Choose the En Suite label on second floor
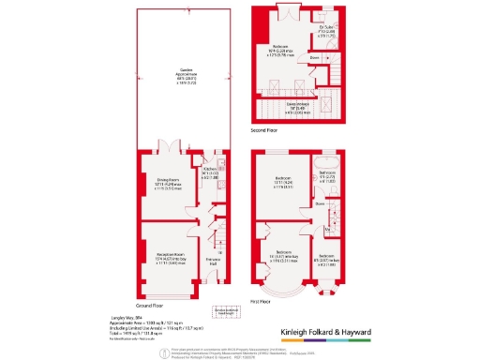327,31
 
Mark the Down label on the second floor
316,57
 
